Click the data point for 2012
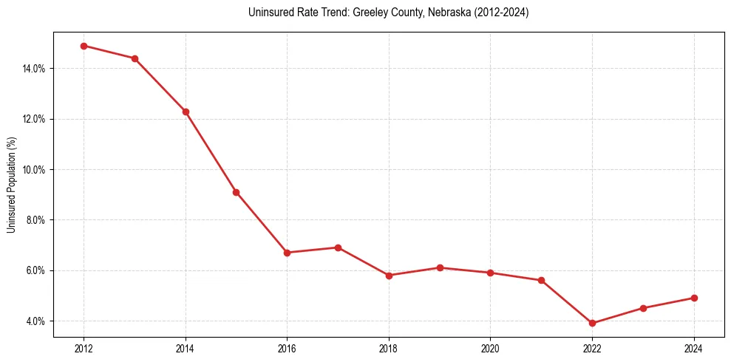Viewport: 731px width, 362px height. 84,46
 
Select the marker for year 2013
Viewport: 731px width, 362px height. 135,58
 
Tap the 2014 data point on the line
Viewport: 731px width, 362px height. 186,112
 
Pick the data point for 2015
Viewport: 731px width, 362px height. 236,192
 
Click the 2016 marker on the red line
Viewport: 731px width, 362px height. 287,253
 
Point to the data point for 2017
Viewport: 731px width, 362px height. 338,247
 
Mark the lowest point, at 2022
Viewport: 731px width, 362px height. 592,323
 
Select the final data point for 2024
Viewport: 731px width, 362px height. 694,298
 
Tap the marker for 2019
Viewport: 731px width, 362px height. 440,267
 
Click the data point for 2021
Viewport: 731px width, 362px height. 541,280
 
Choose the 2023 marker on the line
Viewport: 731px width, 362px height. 643,308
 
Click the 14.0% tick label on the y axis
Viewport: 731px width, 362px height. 35,69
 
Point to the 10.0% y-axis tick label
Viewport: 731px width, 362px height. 35,170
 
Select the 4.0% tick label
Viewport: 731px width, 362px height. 36,321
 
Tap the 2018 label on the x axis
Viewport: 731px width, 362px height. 389,349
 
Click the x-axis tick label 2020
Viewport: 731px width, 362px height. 491,349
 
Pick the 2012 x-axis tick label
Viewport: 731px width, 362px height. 84,349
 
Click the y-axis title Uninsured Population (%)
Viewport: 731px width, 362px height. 11,185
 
